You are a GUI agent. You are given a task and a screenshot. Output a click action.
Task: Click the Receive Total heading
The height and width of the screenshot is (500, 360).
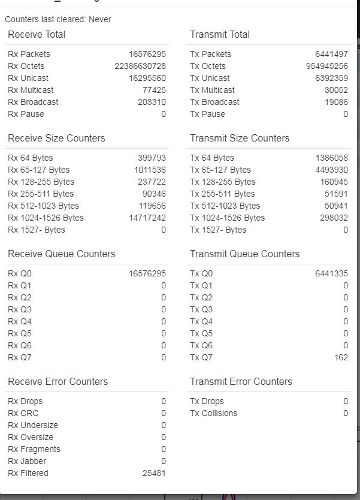(37, 34)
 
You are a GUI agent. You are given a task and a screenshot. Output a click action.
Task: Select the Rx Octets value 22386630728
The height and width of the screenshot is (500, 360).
(140, 66)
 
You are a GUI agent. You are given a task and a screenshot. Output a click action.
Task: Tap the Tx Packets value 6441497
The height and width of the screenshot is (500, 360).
(331, 54)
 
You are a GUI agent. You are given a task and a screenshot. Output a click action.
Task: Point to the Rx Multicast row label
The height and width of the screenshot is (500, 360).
(31, 90)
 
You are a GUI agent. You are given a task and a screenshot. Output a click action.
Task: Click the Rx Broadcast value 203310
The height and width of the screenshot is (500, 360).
(152, 102)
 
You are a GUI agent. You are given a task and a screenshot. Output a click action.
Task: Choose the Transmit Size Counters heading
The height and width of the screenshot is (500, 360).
(240, 138)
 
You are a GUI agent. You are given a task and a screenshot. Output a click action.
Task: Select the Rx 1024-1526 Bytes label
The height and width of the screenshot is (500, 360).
(46, 218)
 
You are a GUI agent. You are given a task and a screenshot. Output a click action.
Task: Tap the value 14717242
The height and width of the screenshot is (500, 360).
(147, 218)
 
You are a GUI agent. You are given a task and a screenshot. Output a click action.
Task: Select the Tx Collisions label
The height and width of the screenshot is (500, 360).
(213, 413)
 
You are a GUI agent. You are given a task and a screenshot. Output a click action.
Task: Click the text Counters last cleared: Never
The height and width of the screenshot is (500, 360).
(58, 19)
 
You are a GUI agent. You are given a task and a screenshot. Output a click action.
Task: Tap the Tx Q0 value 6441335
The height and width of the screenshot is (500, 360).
(331, 274)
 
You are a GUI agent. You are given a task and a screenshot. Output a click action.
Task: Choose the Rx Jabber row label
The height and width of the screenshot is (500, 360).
(27, 461)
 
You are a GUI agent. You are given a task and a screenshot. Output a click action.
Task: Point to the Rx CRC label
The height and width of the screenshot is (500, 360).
(22, 413)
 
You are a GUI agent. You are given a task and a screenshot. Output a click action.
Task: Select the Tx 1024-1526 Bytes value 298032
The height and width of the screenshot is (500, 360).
(334, 218)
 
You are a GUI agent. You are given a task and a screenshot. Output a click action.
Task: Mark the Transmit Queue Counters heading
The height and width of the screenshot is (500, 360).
(244, 254)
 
